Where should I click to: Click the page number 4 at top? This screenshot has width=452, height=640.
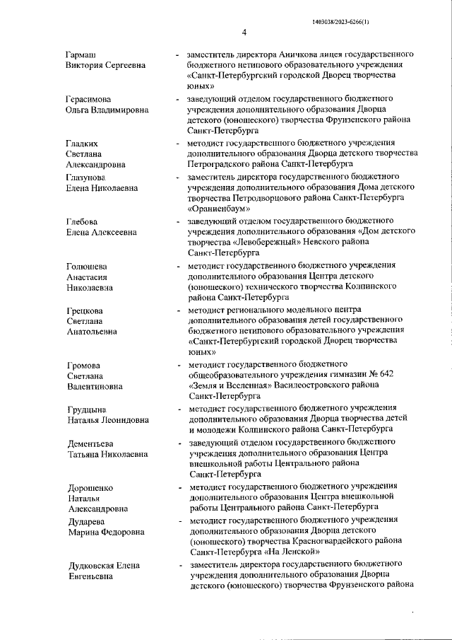pyautogui.click(x=244, y=32)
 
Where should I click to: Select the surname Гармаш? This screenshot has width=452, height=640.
pyautogui.click(x=81, y=54)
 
